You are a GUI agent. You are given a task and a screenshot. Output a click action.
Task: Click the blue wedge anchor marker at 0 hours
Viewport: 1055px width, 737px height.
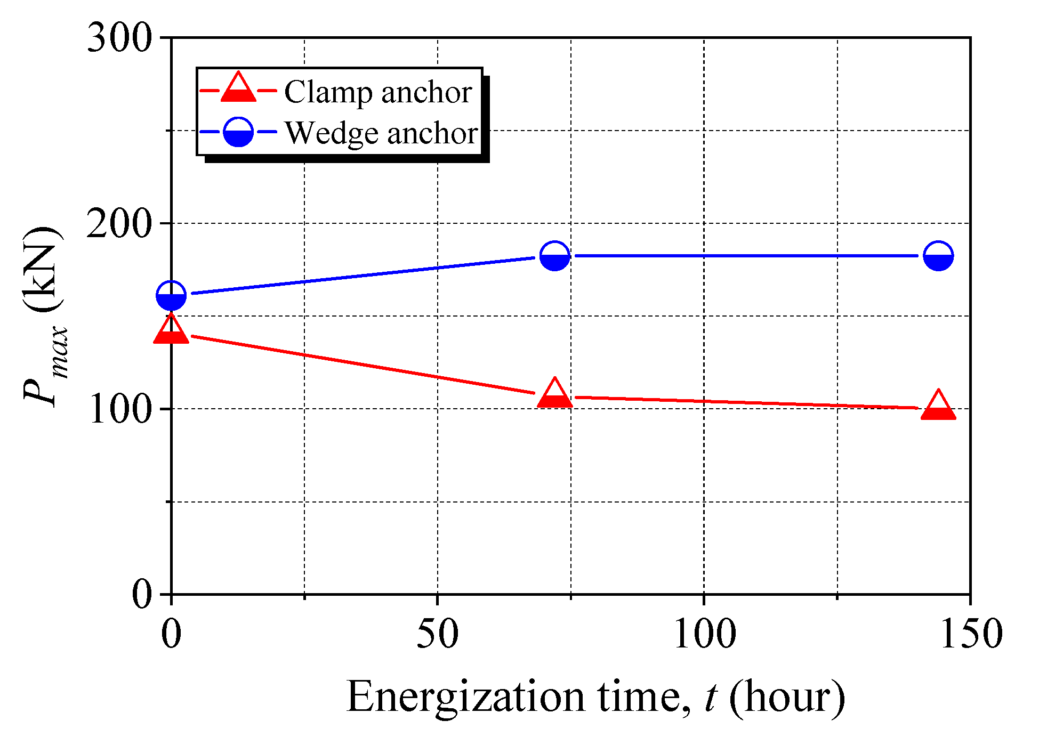click(x=171, y=295)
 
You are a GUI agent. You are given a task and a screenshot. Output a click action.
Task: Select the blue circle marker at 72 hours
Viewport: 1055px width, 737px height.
click(x=554, y=256)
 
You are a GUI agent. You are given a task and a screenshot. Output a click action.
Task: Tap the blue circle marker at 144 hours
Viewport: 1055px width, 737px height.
click(x=938, y=256)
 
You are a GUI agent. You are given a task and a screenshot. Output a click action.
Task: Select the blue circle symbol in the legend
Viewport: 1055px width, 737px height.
click(x=238, y=132)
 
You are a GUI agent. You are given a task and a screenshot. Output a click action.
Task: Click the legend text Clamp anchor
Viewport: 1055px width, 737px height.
click(x=377, y=92)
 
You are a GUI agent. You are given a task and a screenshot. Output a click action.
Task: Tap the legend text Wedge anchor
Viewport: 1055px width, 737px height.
click(x=381, y=133)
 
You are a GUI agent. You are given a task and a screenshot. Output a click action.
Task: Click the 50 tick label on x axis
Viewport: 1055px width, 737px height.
click(x=437, y=634)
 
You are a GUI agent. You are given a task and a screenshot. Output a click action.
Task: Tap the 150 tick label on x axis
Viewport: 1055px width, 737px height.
click(x=970, y=634)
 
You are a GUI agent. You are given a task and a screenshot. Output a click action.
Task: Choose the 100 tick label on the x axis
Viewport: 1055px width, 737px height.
click(x=704, y=634)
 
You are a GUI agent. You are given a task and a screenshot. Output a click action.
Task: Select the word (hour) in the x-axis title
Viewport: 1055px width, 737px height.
click(x=787, y=697)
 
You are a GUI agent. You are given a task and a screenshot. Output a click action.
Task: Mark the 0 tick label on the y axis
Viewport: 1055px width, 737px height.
click(x=142, y=594)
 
